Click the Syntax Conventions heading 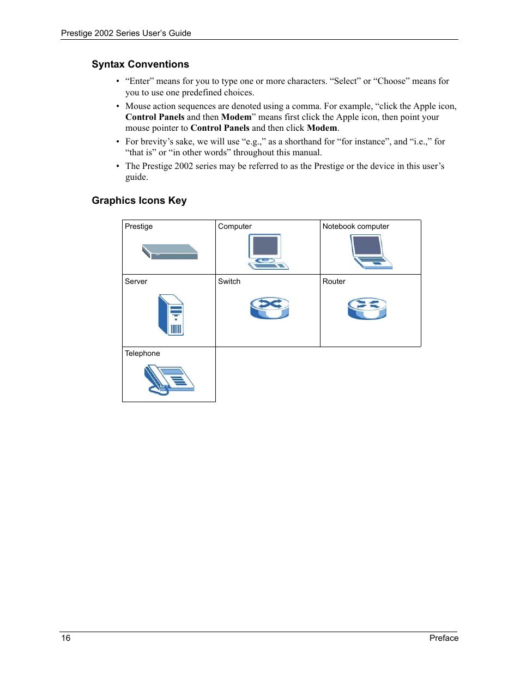(140, 64)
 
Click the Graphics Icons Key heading (139, 201)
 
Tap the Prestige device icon (170, 252)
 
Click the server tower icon (171, 315)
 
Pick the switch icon (269, 308)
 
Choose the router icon (367, 308)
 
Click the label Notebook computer (355, 227)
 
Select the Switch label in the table (229, 282)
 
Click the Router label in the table (334, 282)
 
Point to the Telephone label (142, 354)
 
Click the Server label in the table (136, 282)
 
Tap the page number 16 (66, 638)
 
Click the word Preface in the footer (444, 638)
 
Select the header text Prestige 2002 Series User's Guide (126, 33)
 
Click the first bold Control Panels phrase (155, 117)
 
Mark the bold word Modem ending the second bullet (322, 128)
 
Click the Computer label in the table (234, 227)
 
